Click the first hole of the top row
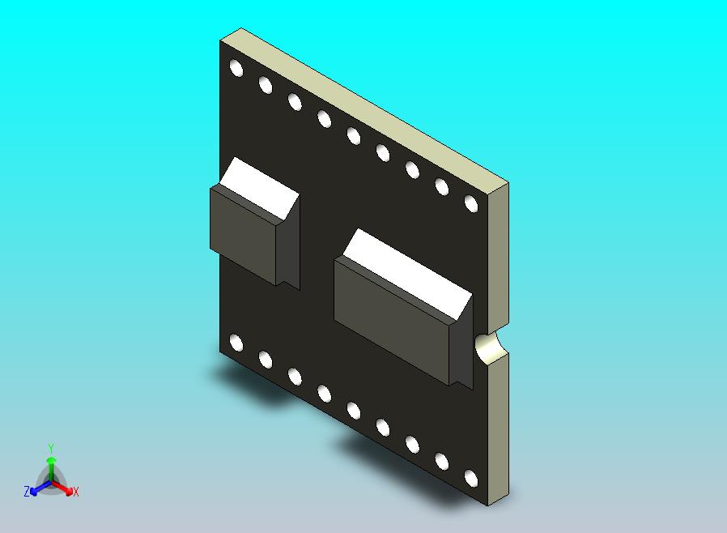pos(236,67)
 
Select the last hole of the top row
pos(470,203)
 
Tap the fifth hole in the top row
pos(353,135)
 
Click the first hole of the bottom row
pos(236,343)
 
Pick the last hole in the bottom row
pos(470,478)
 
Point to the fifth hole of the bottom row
pos(353,410)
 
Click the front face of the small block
pos(243,234)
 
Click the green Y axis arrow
pos(50,460)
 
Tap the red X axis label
pos(75,492)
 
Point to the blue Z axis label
pos(27,491)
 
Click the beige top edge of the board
pos(372,105)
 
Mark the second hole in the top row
pos(266,84)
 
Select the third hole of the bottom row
pos(295,376)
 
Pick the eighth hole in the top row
pos(441,186)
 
